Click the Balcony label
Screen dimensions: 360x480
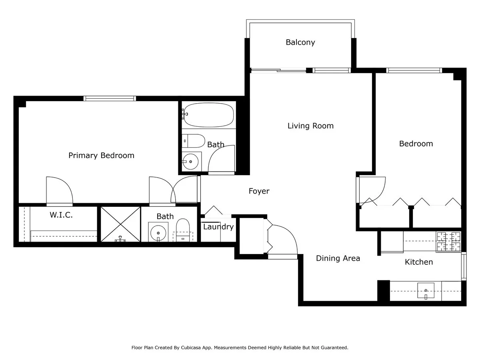(300, 42)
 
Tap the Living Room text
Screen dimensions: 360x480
(310, 126)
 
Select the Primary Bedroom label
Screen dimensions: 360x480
(101, 155)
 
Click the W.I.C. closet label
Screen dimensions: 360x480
(61, 215)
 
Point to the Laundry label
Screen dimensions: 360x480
(218, 227)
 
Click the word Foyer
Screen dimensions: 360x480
(259, 191)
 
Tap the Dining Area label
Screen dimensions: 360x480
(338, 258)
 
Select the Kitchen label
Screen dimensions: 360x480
(419, 262)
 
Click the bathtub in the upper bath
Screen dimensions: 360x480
(208, 115)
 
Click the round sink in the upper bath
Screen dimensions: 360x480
(191, 162)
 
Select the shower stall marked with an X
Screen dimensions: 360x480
(120, 224)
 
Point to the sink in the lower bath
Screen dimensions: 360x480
(158, 232)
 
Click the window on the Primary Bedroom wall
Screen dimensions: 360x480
(110, 98)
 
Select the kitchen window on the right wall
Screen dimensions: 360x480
(464, 266)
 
